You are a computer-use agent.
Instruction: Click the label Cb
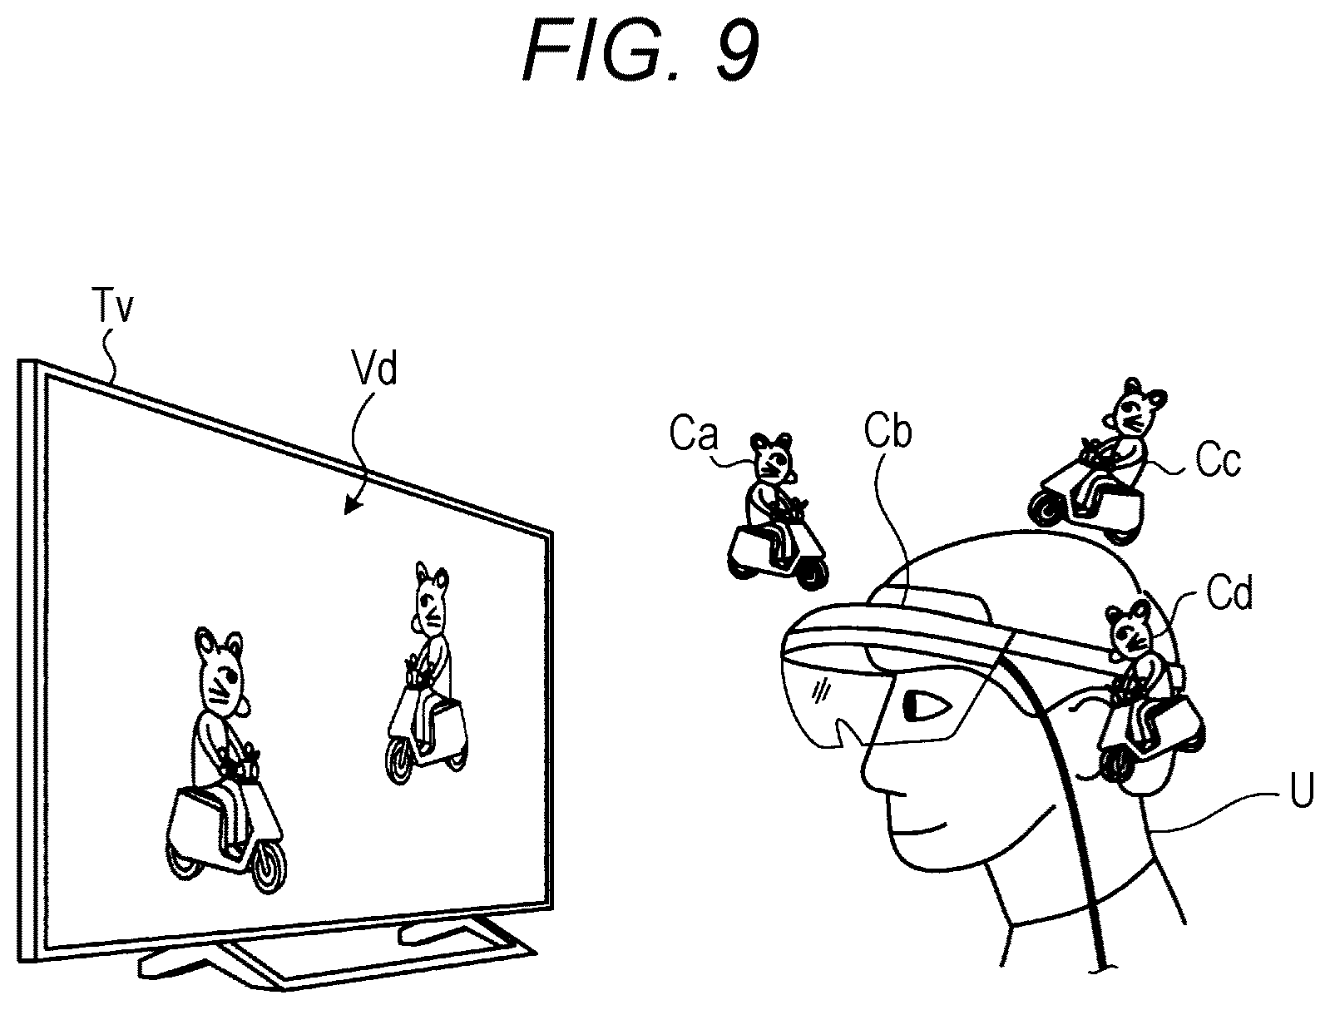coord(887,432)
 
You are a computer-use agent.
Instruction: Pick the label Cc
coord(1218,461)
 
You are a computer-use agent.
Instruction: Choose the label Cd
coord(1229,592)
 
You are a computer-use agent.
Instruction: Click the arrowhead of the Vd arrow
coord(350,507)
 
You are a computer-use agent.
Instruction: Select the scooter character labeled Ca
coord(779,512)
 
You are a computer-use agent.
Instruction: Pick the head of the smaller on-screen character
coord(432,599)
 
